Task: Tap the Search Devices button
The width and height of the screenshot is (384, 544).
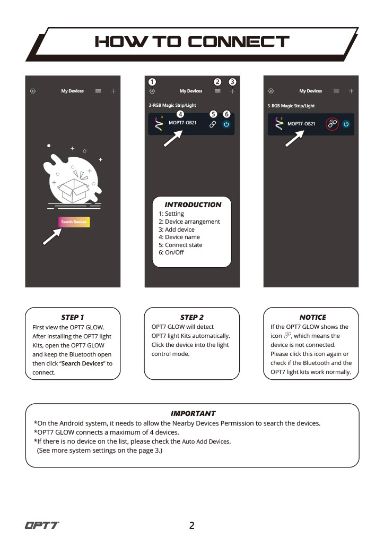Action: [x=74, y=222]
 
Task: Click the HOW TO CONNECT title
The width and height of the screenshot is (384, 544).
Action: [x=192, y=41]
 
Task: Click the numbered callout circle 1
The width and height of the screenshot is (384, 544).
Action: [x=152, y=82]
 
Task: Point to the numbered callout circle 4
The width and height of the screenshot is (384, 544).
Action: [x=180, y=114]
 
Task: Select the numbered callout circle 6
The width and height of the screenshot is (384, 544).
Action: [x=226, y=114]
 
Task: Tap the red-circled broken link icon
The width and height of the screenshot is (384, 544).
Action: [x=332, y=124]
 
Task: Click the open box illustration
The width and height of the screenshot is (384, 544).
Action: [x=73, y=190]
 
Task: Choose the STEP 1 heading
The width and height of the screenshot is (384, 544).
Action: [x=72, y=317]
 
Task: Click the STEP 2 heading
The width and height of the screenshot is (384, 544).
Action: [x=192, y=317]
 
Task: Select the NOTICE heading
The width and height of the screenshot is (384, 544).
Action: [x=313, y=317]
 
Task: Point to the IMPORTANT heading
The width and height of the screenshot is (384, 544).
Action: [x=193, y=413]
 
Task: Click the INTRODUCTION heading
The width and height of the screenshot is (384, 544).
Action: [x=193, y=205]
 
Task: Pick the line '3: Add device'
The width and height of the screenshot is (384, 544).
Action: [x=177, y=229]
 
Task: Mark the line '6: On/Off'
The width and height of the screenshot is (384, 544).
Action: [x=171, y=252]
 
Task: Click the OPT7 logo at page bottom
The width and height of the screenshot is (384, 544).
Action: [x=42, y=525]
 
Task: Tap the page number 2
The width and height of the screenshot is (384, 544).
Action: [x=192, y=525]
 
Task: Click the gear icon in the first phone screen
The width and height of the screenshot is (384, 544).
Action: [x=33, y=91]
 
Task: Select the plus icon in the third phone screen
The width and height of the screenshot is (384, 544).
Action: [x=351, y=91]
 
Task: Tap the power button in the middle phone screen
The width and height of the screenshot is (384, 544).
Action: [x=226, y=124]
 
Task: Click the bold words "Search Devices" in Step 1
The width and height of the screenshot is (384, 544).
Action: [x=82, y=363]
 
